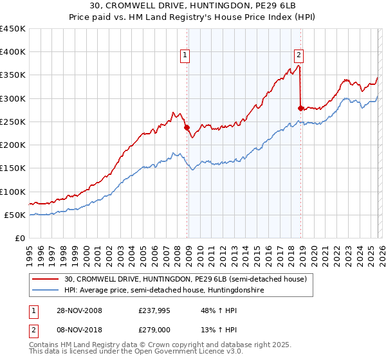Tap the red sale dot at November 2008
[187, 127]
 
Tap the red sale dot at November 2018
[300, 108]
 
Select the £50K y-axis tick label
[15, 215]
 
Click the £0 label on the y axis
[21, 238]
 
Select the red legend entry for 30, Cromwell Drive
[187, 279]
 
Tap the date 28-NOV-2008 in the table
[79, 310]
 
